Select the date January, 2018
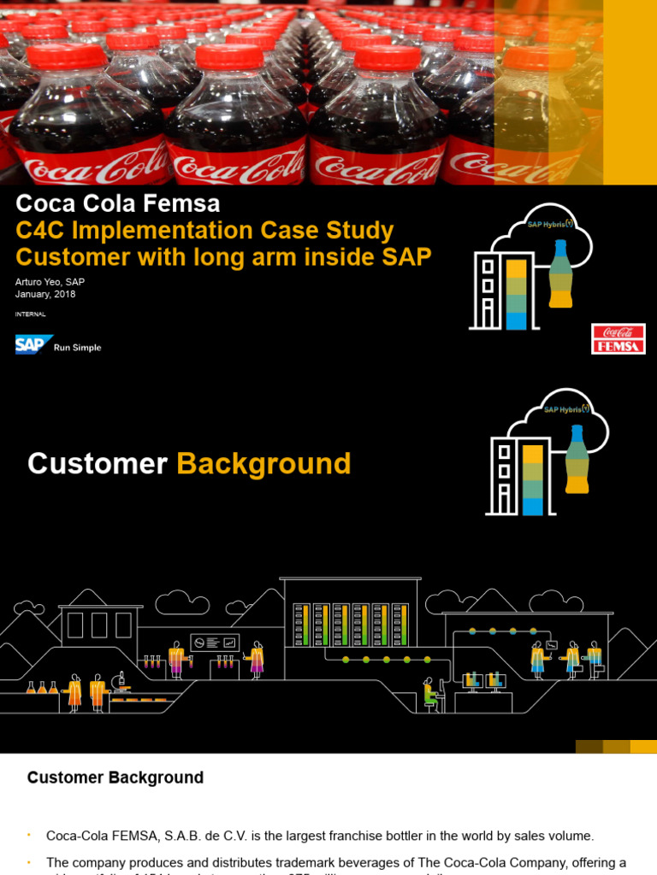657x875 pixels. pyautogui.click(x=45, y=294)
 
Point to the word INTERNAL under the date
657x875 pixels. pyautogui.click(x=30, y=314)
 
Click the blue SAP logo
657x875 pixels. pyautogui.click(x=33, y=345)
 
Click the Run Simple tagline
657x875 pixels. pyautogui.click(x=78, y=348)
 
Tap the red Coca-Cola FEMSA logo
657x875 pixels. pyautogui.click(x=618, y=338)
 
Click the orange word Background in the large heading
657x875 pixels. pyautogui.click(x=263, y=464)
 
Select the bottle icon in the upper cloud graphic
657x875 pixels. pyautogui.click(x=560, y=274)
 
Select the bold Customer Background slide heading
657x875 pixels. pyautogui.click(x=115, y=778)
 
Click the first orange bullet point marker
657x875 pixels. pyautogui.click(x=29, y=835)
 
